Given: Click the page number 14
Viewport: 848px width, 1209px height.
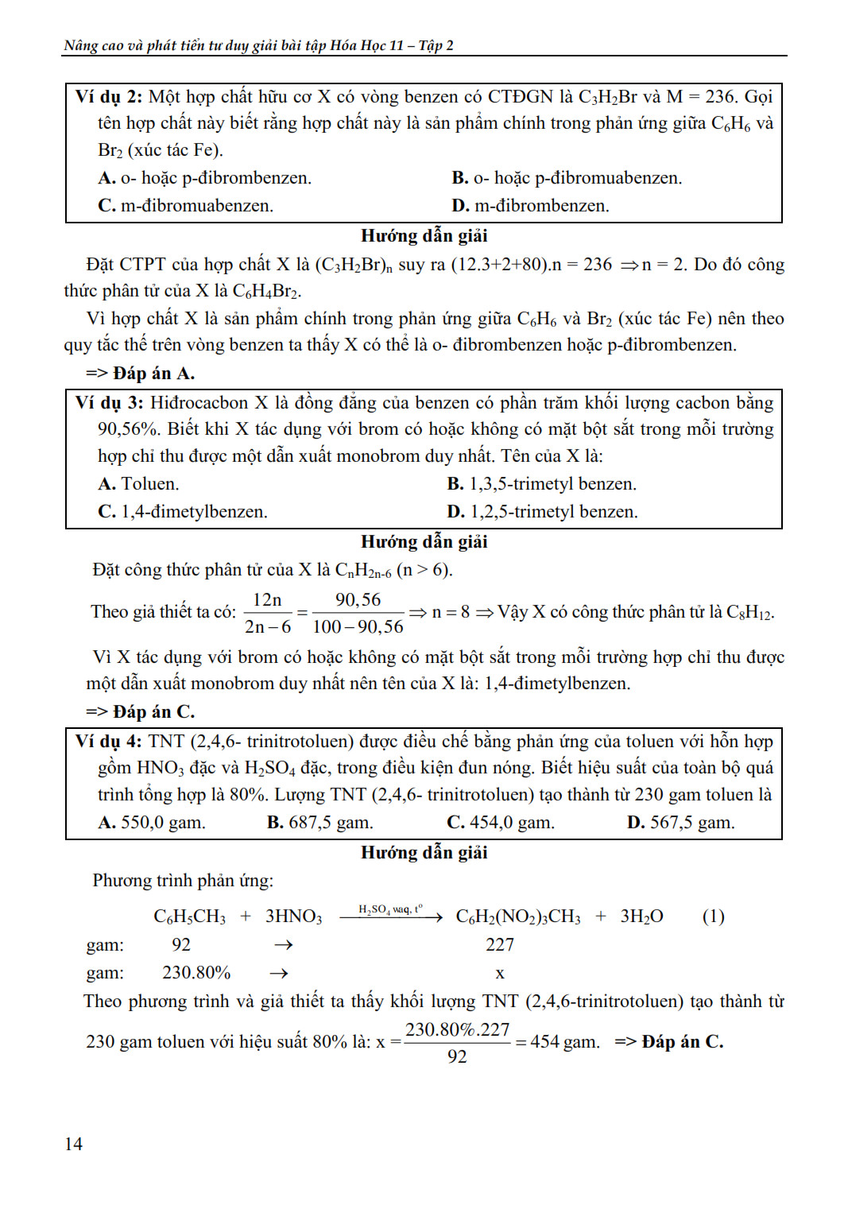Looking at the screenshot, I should [73, 1143].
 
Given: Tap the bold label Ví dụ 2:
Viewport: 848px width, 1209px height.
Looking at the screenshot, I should [109, 97].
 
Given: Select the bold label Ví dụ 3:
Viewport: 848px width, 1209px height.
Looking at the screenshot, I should [109, 403].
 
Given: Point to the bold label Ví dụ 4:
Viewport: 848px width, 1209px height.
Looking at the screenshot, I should [109, 742].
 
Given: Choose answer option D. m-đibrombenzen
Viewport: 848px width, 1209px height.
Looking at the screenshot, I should [530, 206].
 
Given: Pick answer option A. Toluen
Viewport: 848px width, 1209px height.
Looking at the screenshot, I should [138, 484].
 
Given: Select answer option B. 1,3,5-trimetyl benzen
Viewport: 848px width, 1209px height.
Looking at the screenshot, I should [541, 484].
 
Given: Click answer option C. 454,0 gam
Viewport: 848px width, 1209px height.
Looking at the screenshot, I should [500, 823].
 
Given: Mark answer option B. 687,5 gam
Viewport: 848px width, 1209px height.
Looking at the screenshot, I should [319, 823].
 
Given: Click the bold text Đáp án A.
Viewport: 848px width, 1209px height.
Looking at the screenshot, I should [153, 374].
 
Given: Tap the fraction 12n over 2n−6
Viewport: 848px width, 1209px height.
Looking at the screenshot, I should [268, 613].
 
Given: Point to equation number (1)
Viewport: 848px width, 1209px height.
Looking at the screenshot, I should [713, 916].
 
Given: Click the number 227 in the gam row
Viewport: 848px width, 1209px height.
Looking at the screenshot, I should [500, 944].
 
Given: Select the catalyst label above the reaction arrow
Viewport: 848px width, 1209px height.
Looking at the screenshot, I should [390, 909].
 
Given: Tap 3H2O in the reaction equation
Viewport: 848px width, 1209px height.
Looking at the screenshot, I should [641, 916].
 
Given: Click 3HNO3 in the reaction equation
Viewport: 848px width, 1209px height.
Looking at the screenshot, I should [293, 916].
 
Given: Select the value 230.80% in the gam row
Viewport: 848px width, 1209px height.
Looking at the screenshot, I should [196, 973].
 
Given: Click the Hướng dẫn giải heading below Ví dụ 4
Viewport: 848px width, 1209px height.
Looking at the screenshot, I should [424, 853].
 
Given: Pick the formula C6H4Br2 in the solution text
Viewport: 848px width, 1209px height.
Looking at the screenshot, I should [266, 292].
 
